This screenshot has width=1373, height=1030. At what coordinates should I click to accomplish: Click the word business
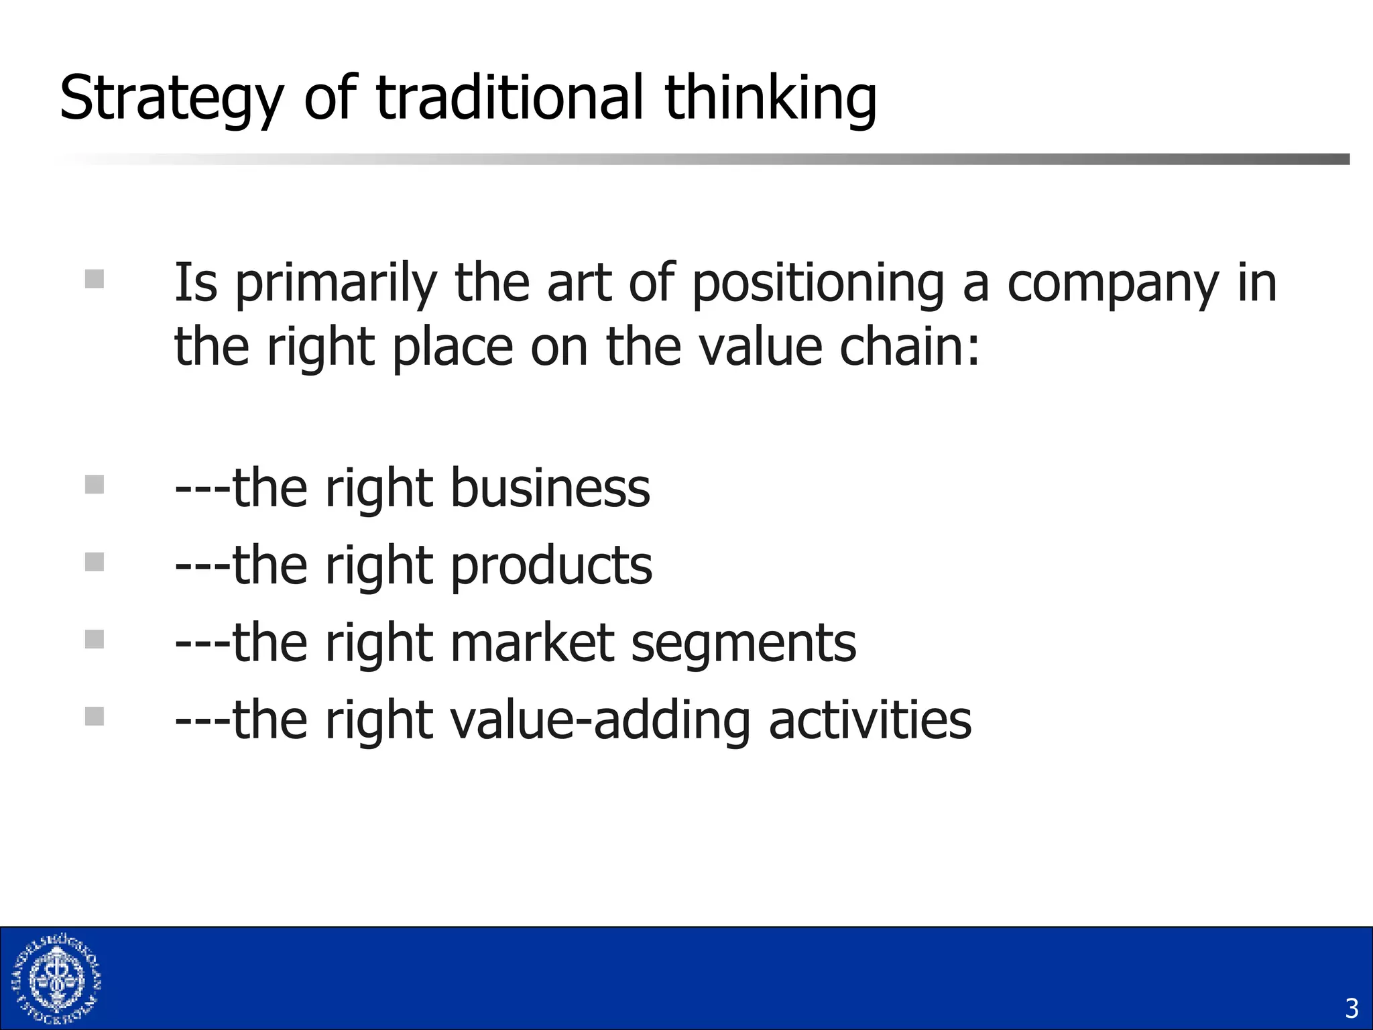click(550, 488)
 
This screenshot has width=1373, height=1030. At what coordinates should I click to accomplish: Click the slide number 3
click(1352, 1009)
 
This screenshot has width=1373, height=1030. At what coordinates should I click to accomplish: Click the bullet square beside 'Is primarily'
click(95, 278)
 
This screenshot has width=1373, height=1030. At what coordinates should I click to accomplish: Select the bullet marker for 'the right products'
click(95, 561)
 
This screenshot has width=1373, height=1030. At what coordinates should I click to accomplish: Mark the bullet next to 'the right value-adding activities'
click(95, 716)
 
